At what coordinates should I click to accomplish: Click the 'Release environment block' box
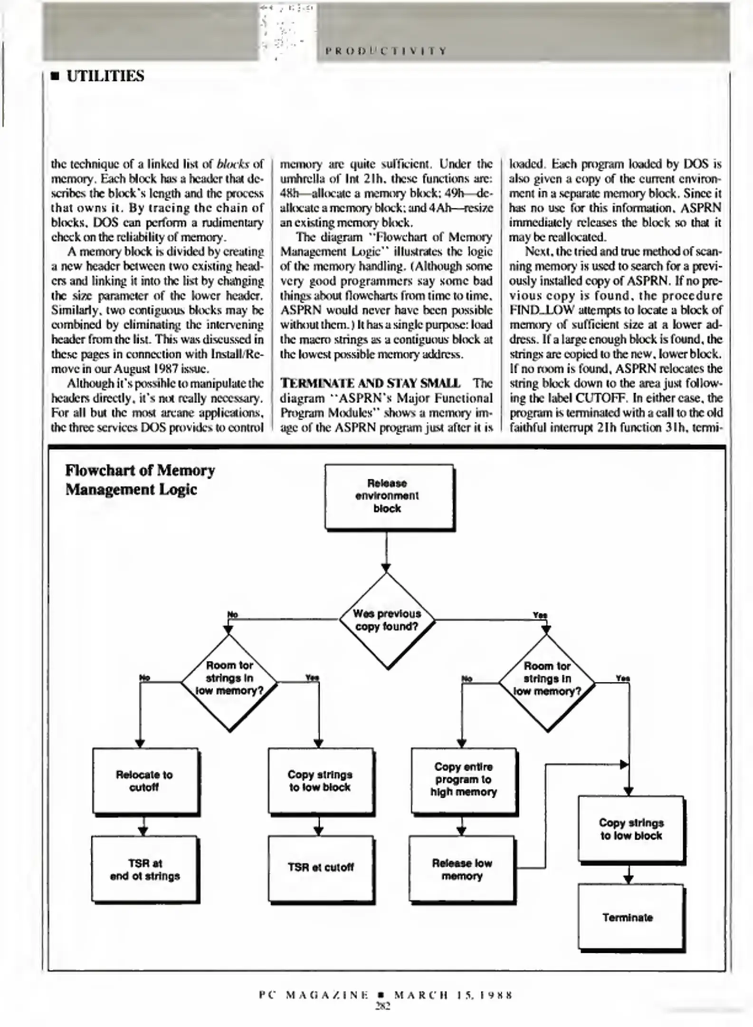coord(388,496)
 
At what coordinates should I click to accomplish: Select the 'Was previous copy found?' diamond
coord(387,620)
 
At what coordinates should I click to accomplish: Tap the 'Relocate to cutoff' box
coord(144,781)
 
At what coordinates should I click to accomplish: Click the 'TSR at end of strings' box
coord(144,869)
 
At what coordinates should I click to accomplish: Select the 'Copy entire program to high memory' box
coord(463,780)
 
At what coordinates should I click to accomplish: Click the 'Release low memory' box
coord(461,869)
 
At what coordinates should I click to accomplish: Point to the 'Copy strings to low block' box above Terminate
coord(630,829)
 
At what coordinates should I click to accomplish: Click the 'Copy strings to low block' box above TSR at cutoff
coord(320,781)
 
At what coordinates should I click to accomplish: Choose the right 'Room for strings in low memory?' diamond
coord(547,679)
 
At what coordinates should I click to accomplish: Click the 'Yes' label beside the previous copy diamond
coord(540,615)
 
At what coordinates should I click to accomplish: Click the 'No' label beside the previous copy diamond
coord(232,614)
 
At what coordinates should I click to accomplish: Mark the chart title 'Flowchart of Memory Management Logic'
coord(140,480)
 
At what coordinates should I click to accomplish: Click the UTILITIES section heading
coord(105,76)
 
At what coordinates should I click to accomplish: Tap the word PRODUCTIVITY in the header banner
coord(386,51)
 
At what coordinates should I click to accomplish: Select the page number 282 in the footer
coord(382,1006)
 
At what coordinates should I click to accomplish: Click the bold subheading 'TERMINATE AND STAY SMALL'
coord(370,383)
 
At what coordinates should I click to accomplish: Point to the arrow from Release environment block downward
coord(386,552)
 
